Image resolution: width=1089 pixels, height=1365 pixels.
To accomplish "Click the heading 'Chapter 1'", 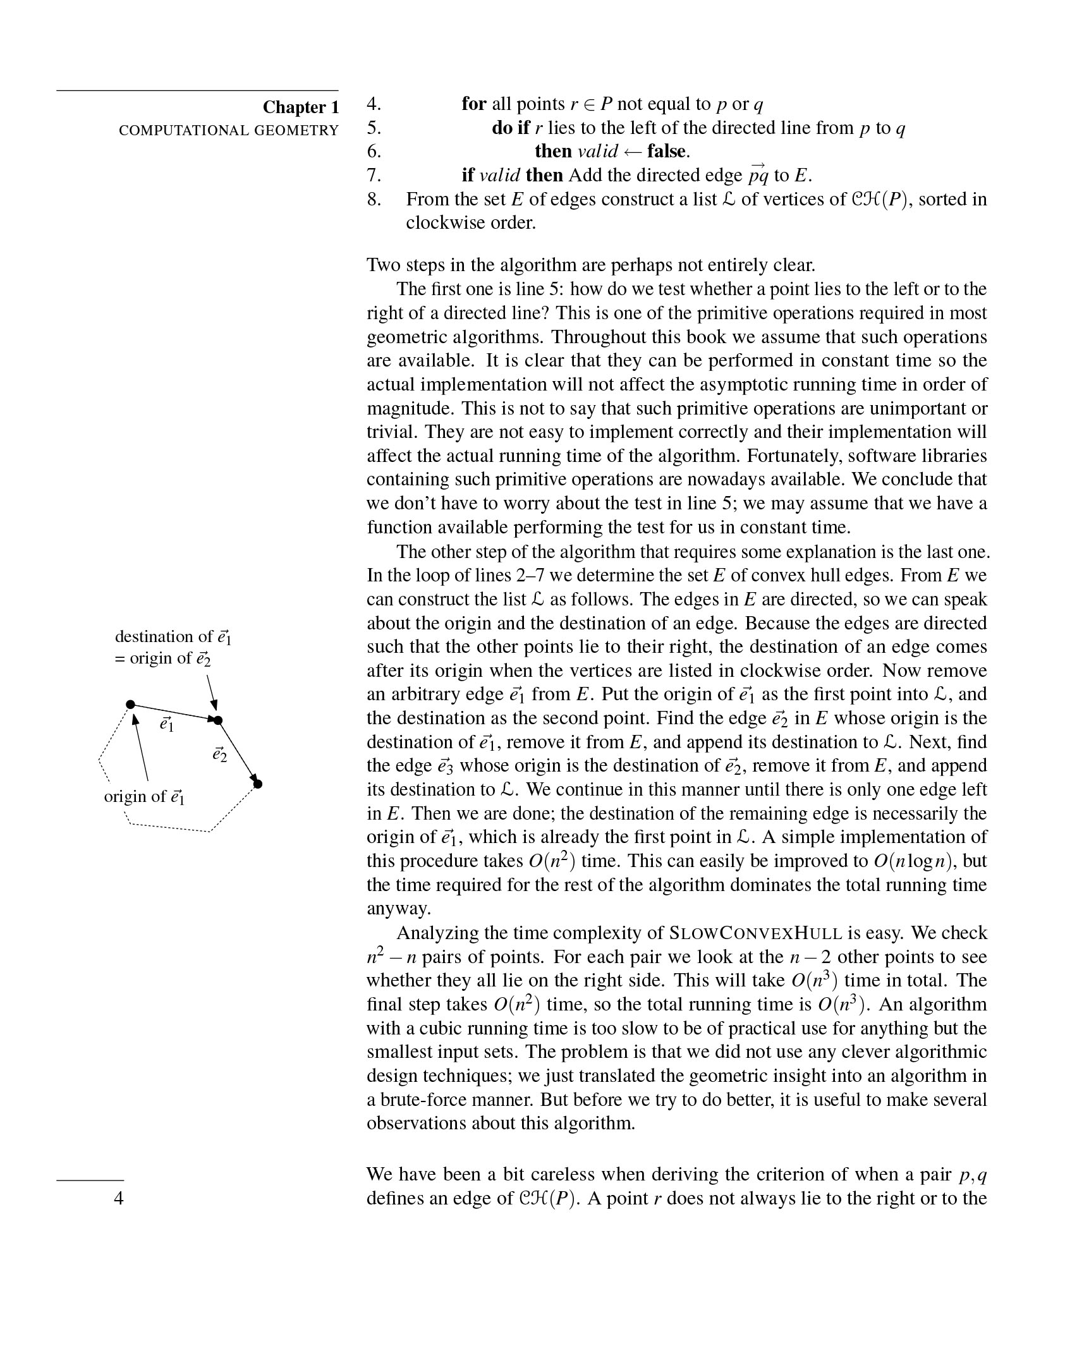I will click(x=301, y=107).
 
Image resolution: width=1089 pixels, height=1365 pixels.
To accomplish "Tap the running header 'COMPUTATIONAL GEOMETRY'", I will click(x=229, y=130).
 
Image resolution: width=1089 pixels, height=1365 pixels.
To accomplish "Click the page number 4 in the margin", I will click(x=118, y=1198).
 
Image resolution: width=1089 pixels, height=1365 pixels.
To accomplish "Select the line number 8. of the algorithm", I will click(x=374, y=200).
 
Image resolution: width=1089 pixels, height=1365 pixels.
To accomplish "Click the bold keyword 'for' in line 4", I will click(x=473, y=104).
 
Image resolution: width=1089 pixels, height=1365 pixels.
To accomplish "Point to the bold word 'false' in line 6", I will click(x=667, y=151).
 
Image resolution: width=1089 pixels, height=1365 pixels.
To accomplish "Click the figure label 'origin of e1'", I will click(x=144, y=796).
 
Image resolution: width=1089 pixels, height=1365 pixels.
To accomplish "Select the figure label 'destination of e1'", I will click(x=173, y=636).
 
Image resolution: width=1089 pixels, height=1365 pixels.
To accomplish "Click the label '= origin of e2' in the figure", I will click(x=162, y=658).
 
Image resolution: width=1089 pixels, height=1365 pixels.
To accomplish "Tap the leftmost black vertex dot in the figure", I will click(x=130, y=704).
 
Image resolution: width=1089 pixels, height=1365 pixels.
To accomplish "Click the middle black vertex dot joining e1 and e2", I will click(x=218, y=720).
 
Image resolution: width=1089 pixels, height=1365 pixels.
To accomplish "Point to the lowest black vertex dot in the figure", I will click(x=258, y=784).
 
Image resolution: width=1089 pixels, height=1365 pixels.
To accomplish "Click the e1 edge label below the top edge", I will click(x=167, y=724).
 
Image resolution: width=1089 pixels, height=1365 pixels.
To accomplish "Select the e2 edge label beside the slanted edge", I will click(x=220, y=755).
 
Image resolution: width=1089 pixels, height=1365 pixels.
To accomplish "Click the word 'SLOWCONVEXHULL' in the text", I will click(x=755, y=933).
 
